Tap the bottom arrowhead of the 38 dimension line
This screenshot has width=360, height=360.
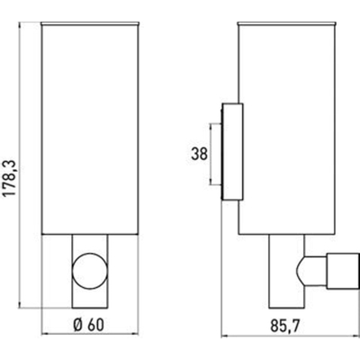pyautogui.click(x=213, y=189)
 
